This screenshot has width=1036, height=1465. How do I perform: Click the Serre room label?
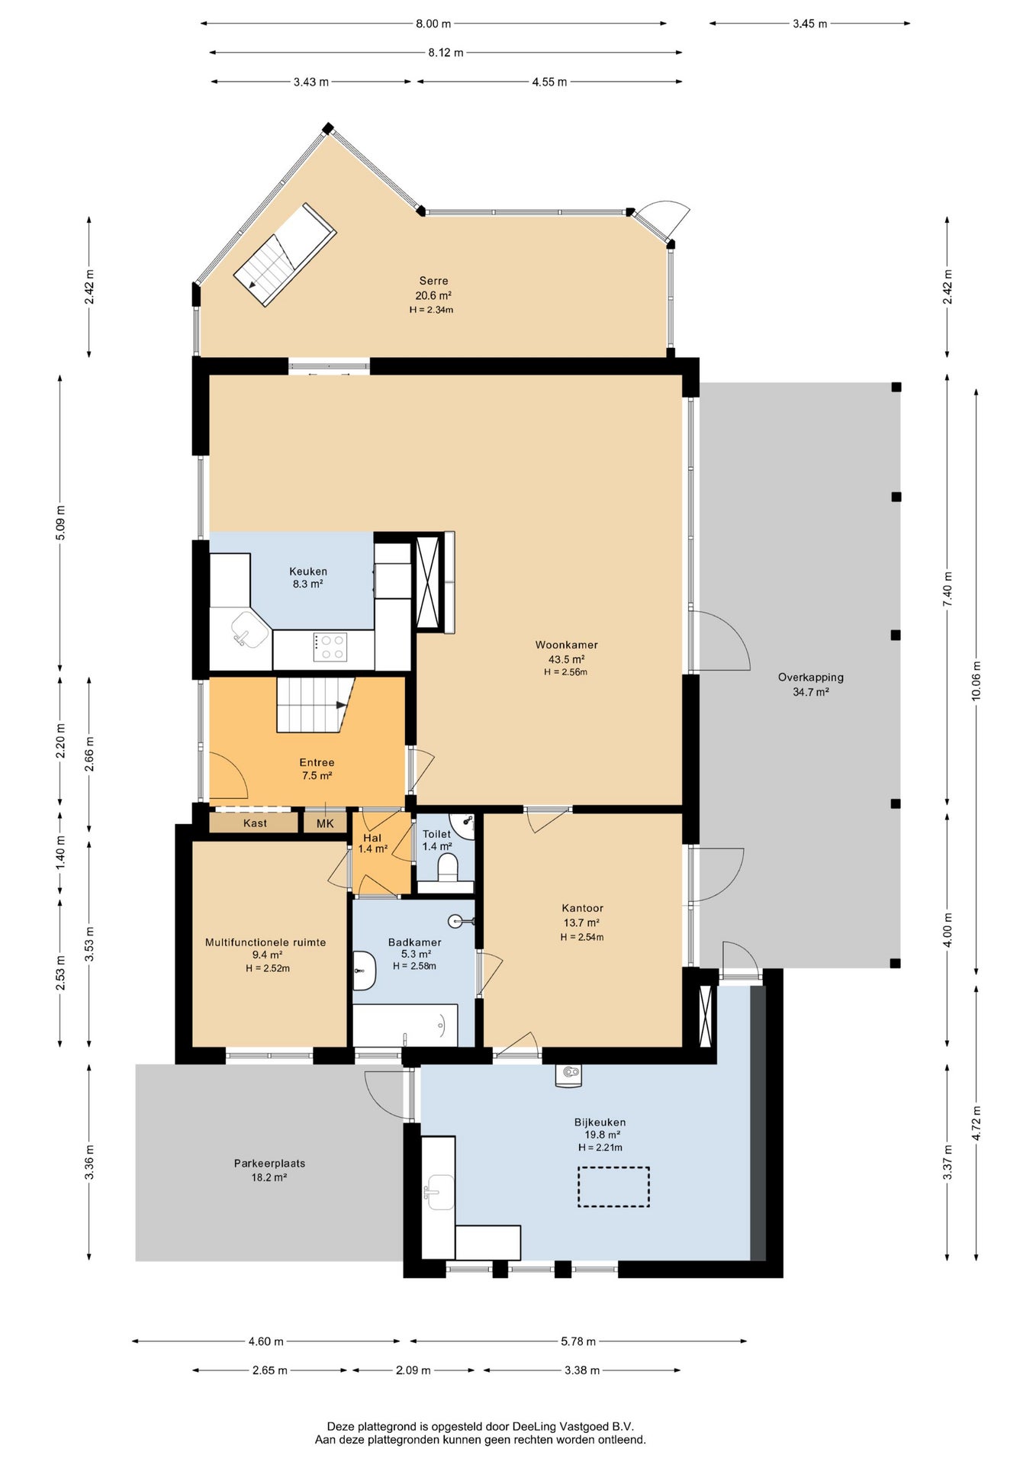click(x=433, y=281)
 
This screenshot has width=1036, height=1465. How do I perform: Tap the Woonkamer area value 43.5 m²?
click(x=566, y=659)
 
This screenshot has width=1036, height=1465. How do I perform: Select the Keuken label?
click(x=308, y=571)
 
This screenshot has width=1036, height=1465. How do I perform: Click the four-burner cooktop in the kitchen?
click(x=330, y=647)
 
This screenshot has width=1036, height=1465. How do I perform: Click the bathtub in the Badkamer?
click(x=405, y=1025)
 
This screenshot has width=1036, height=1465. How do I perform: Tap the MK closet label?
click(x=325, y=823)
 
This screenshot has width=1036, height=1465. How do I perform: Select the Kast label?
click(x=255, y=823)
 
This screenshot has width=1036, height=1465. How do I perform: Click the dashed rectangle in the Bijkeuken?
click(x=613, y=1186)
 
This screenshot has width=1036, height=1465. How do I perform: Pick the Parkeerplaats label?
click(x=269, y=1164)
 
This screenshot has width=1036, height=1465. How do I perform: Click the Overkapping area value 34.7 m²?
click(x=811, y=692)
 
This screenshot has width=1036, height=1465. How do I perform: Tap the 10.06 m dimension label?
click(x=976, y=681)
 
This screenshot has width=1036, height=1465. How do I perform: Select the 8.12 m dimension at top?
click(x=446, y=53)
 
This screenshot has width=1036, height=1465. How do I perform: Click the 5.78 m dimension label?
click(x=578, y=1341)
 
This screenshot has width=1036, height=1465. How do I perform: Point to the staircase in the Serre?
click(x=285, y=255)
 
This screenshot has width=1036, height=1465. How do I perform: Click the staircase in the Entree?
click(x=315, y=704)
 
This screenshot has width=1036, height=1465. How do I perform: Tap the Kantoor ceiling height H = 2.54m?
click(x=582, y=937)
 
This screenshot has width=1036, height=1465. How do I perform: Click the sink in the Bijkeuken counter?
click(x=439, y=1192)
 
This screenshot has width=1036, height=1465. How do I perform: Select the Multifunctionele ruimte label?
click(x=265, y=942)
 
